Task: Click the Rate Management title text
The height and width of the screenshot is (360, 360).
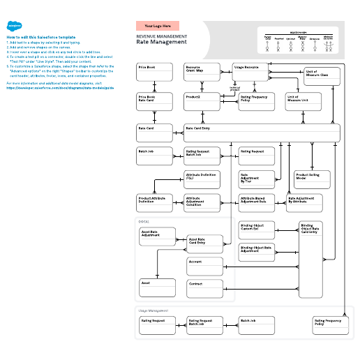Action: [x=161, y=42]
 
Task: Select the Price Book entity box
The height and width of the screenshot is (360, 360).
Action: [x=154, y=72]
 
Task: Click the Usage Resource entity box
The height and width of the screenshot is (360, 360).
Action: [x=250, y=72]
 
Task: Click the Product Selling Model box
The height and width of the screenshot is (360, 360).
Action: [x=312, y=179]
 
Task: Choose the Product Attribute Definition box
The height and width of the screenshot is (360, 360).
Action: [x=154, y=203]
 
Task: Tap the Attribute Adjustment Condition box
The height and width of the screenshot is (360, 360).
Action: [x=202, y=203]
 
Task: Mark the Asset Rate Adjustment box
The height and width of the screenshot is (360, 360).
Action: [x=157, y=237]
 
